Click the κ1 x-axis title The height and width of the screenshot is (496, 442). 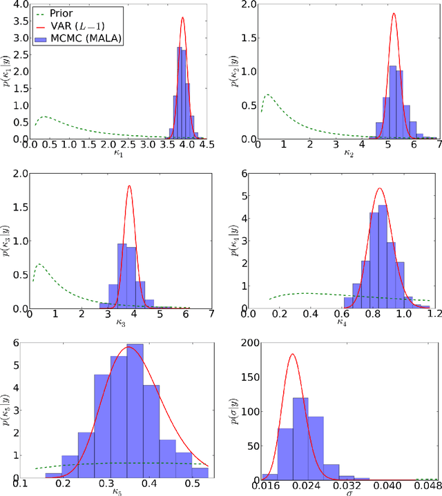coord(117,154)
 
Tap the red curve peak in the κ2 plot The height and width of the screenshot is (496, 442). coord(394,13)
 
